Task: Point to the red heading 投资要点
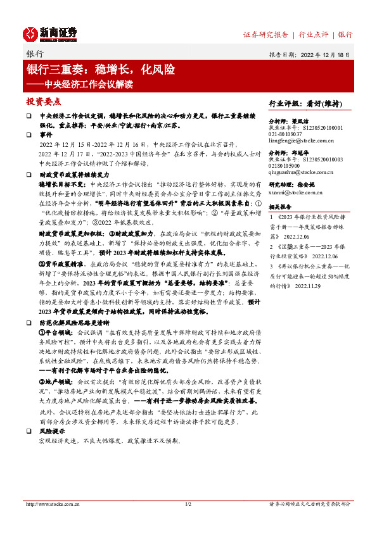tap(43, 102)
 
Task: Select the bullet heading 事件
tap(46, 135)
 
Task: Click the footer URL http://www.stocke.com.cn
tap(53, 504)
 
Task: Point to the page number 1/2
tap(188, 504)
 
